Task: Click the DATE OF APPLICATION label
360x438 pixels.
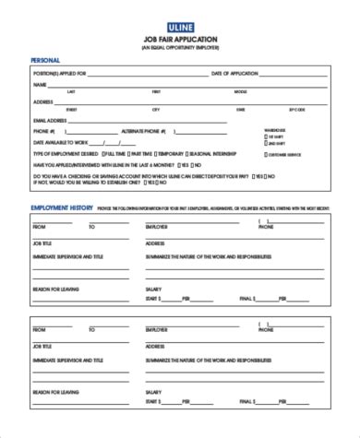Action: pyautogui.click(x=234, y=72)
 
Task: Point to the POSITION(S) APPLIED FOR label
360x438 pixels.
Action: pyautogui.click(x=60, y=72)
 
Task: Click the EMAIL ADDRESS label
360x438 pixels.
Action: pyautogui.click(x=51, y=120)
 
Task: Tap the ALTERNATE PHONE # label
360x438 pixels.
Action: pyautogui.click(x=140, y=131)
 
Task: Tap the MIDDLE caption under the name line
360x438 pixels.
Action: pyautogui.click(x=240, y=92)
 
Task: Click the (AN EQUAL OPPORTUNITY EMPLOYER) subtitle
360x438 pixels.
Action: pyautogui.click(x=180, y=49)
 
